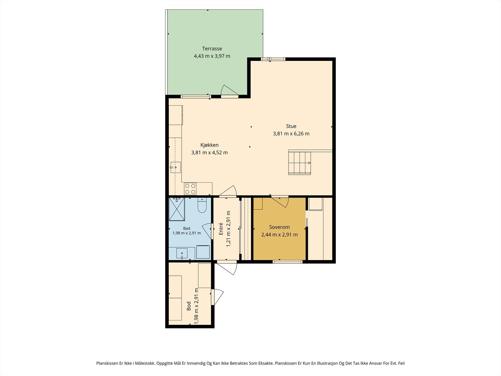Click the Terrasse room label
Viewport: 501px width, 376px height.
pyautogui.click(x=212, y=49)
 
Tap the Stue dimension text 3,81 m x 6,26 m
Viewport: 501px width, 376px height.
pyautogui.click(x=291, y=134)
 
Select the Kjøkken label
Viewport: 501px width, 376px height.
pyautogui.click(x=209, y=145)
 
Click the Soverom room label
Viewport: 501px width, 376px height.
pyautogui.click(x=279, y=227)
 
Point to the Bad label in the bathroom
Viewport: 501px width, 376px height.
pyautogui.click(x=187, y=228)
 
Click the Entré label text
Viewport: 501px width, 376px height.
pyautogui.click(x=221, y=229)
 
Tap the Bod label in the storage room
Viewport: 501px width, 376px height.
pyautogui.click(x=189, y=306)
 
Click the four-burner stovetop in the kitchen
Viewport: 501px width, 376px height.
pyautogui.click(x=190, y=189)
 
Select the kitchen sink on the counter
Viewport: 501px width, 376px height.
pyautogui.click(x=175, y=167)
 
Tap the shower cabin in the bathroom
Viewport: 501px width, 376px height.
pyautogui.click(x=177, y=209)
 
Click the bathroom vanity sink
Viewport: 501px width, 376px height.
pyautogui.click(x=182, y=253)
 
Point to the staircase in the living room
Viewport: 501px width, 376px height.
pyautogui.click(x=299, y=163)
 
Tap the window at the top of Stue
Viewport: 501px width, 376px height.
pyautogui.click(x=273, y=59)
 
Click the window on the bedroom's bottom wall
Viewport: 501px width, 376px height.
pyautogui.click(x=287, y=262)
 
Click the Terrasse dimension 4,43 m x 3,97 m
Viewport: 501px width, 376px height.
pyautogui.click(x=212, y=56)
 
